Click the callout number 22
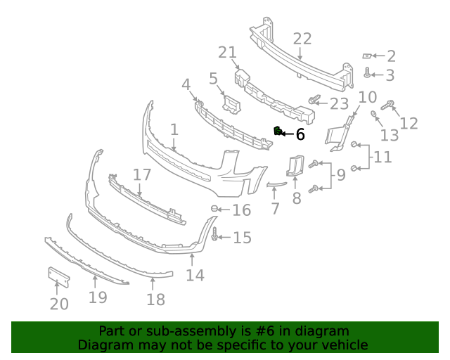pyautogui.click(x=302, y=39)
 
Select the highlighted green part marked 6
pyautogui.click(x=278, y=131)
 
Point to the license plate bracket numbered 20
pyautogui.click(x=58, y=277)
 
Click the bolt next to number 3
pyautogui.click(x=367, y=72)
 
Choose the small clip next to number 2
pyautogui.click(x=366, y=56)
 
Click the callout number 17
pyautogui.click(x=142, y=174)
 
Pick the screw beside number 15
pyautogui.click(x=215, y=237)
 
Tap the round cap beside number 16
pyautogui.click(x=216, y=209)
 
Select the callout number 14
pyautogui.click(x=195, y=275)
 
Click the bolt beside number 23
pyautogui.click(x=314, y=101)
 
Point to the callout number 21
pyautogui.click(x=228, y=53)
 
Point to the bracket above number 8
pyautogui.click(x=295, y=166)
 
